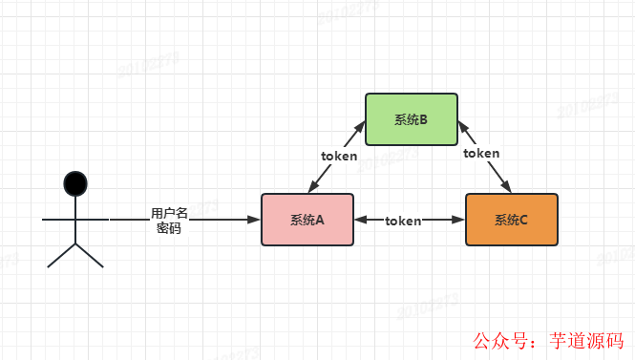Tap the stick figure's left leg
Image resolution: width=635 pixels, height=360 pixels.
tap(60, 255)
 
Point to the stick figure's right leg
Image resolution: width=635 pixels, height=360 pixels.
tap(89, 255)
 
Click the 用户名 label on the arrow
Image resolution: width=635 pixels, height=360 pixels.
tap(169, 212)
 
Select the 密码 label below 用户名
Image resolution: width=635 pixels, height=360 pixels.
tap(169, 228)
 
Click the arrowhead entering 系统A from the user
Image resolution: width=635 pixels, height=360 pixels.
tap(254, 220)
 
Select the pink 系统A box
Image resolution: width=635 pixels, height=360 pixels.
tap(307, 220)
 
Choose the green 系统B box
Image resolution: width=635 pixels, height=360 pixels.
tap(411, 119)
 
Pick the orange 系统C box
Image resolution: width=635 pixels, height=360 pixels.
tap(511, 220)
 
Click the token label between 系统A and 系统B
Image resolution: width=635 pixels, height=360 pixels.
tap(339, 156)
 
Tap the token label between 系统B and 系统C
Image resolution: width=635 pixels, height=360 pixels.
tap(481, 153)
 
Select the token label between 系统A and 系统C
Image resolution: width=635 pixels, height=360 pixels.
tap(403, 221)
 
